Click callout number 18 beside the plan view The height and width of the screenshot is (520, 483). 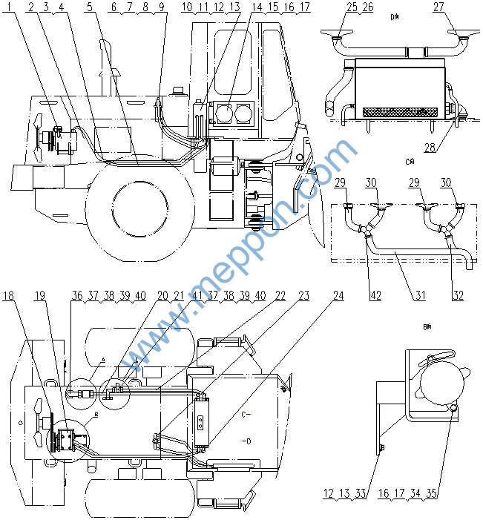tap(9, 295)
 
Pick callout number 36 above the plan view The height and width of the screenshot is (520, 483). tap(76, 295)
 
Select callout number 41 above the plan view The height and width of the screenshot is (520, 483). tap(197, 295)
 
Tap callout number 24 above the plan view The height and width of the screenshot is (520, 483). tap(338, 295)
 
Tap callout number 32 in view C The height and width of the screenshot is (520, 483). tap(458, 295)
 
